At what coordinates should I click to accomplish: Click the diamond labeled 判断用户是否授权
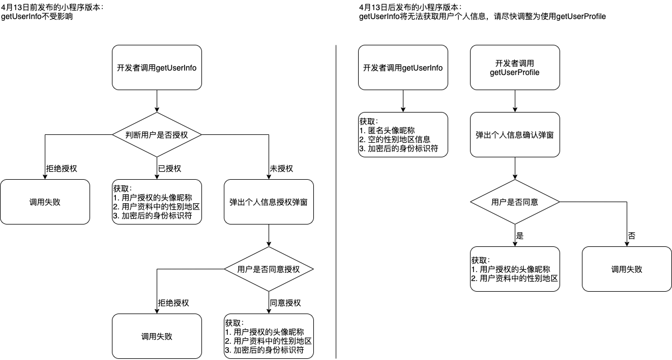(157, 134)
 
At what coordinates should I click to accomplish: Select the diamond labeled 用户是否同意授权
(269, 269)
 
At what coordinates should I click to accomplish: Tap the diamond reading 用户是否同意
(515, 202)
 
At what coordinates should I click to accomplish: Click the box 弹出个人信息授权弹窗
(269, 202)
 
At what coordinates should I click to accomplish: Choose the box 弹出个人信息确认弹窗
(515, 134)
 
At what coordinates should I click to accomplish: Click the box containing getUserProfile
(515, 67)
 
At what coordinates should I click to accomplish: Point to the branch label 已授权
(170, 169)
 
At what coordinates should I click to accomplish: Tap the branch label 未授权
(281, 169)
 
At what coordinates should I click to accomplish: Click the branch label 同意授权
(285, 303)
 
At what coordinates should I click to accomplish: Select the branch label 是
(520, 236)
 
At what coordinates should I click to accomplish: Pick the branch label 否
(632, 236)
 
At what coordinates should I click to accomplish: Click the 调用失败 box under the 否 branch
(627, 269)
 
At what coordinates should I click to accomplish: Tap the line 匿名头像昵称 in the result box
(389, 130)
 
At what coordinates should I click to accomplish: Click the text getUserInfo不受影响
(37, 17)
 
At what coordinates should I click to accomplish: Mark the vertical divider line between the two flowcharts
(336, 202)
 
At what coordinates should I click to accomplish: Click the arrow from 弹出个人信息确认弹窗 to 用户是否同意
(515, 168)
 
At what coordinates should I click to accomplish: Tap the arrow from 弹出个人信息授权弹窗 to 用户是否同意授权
(269, 235)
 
